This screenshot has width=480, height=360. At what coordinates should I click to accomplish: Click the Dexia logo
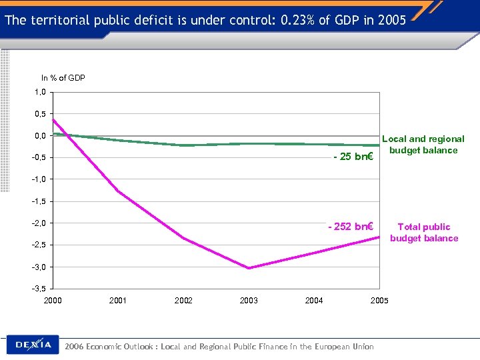(33, 345)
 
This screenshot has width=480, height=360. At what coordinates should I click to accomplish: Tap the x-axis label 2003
(249, 301)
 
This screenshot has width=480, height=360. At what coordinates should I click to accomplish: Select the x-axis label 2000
(53, 301)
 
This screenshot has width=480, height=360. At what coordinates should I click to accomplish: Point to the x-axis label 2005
(379, 301)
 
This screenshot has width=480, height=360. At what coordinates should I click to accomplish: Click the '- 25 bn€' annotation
(353, 157)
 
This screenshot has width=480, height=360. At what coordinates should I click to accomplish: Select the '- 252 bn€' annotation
(350, 227)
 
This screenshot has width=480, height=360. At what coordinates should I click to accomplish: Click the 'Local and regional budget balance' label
(423, 145)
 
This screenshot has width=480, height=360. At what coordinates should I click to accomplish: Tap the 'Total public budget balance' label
(424, 233)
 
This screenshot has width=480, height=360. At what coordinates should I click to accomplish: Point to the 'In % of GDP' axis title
(63, 78)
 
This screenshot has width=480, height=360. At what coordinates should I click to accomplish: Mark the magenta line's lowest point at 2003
(249, 268)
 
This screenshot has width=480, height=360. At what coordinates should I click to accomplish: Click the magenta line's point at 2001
(118, 191)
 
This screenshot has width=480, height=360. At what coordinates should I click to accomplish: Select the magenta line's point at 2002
(183, 239)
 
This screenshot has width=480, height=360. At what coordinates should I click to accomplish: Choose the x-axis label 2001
(118, 301)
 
